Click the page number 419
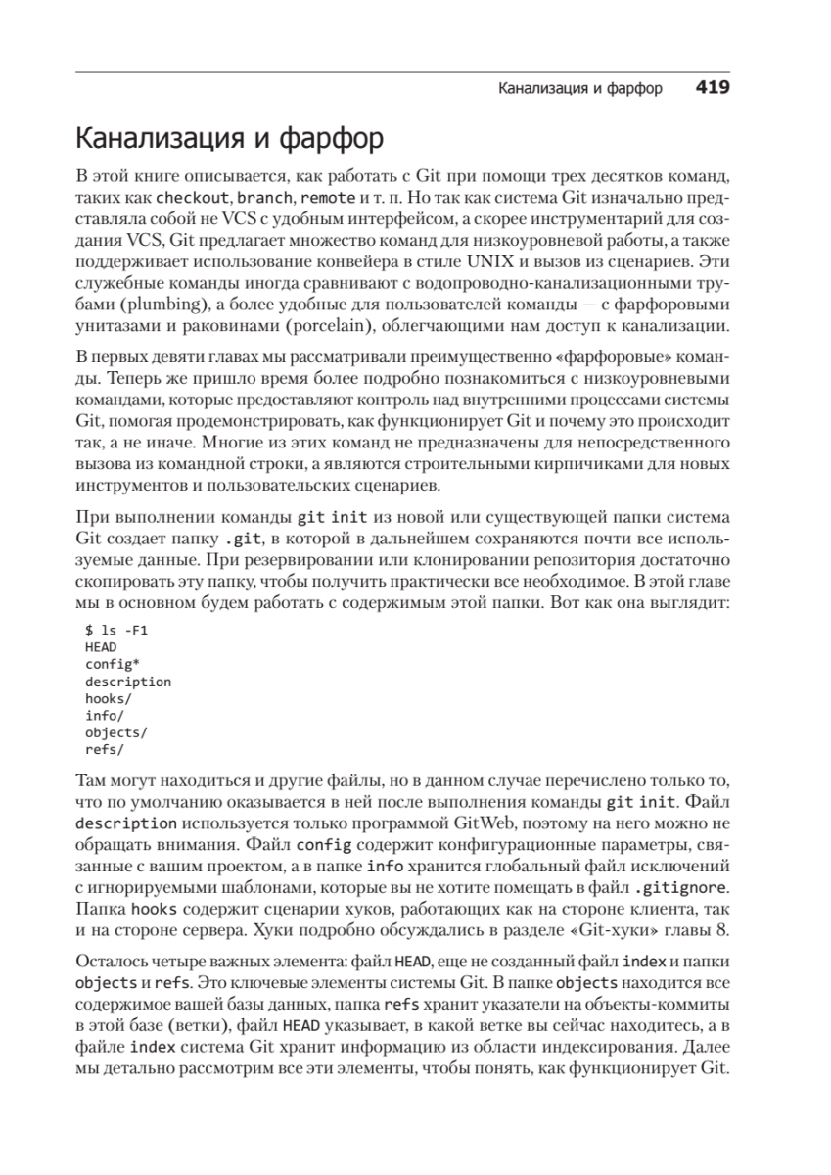(x=713, y=88)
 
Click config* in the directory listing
(x=112, y=665)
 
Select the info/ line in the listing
(x=104, y=716)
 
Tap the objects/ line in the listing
(x=115, y=732)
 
